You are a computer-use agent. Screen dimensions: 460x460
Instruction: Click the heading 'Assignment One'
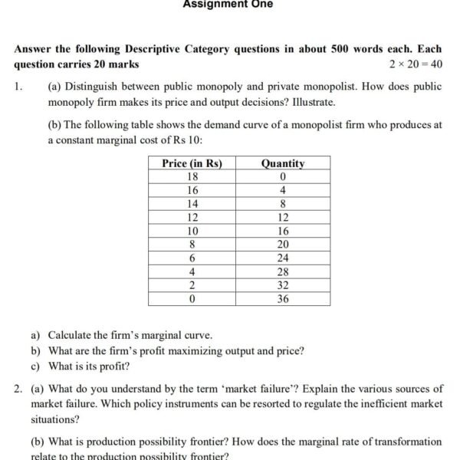click(228, 4)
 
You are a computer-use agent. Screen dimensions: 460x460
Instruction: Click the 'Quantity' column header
click(283, 163)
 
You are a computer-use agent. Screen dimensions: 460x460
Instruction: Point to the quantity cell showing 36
click(283, 298)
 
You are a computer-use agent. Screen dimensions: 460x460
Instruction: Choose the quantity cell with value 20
click(283, 245)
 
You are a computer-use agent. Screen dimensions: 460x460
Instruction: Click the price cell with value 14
click(192, 204)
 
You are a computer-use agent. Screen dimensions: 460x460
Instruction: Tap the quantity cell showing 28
click(283, 271)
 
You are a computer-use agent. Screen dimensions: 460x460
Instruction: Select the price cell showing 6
click(192, 258)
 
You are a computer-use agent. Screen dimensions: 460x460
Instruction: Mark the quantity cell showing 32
click(283, 285)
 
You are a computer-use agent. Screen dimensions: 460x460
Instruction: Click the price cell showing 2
click(192, 285)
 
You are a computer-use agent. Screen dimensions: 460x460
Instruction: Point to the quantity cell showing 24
click(283, 258)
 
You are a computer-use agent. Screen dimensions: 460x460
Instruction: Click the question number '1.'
click(18, 87)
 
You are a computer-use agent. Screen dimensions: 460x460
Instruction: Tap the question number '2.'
click(18, 389)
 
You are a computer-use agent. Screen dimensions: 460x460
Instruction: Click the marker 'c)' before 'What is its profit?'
click(35, 366)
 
